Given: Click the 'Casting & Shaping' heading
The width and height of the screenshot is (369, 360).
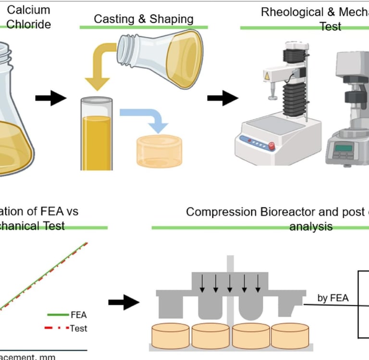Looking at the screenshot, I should click(143, 19).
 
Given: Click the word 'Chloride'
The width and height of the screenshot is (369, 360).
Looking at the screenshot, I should click(29, 24).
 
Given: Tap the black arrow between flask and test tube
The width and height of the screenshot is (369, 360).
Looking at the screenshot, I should click(50, 98).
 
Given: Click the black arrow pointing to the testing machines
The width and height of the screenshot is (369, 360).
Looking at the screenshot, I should click(222, 99).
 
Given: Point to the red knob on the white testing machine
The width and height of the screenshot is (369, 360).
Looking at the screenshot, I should click(271, 145).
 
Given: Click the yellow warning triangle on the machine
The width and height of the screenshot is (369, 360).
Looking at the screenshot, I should click(267, 76).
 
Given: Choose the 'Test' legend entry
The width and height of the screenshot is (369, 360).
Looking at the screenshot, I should click(78, 328).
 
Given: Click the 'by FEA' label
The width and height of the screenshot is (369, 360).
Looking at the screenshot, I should click(332, 298).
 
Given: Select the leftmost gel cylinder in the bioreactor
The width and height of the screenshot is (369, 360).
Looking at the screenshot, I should click(171, 335).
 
